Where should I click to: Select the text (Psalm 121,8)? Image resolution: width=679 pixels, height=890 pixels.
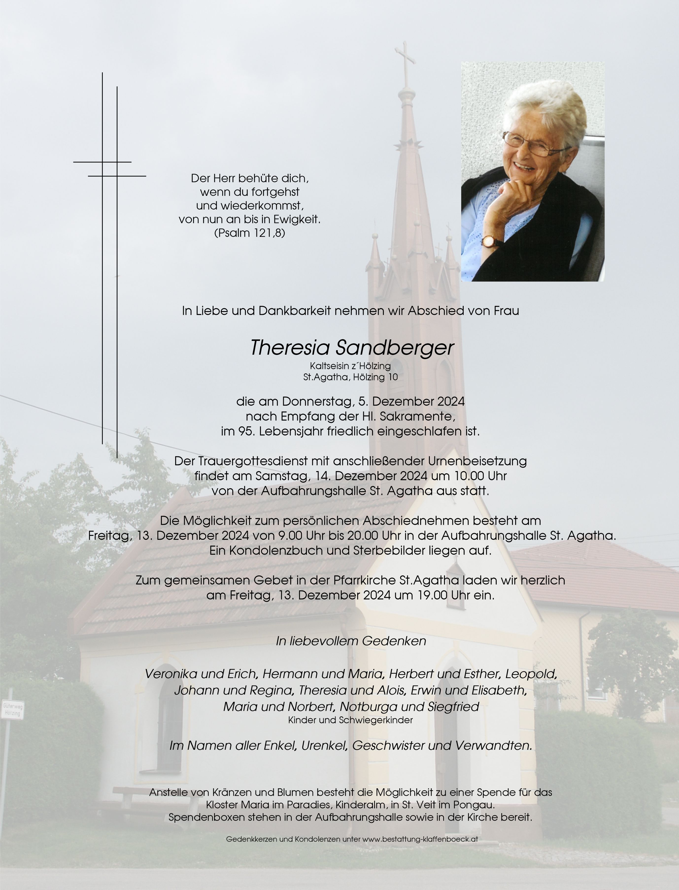point(249,233)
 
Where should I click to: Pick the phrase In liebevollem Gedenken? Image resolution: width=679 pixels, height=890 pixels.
point(350,641)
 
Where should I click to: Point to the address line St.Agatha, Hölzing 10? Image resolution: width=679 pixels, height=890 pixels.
point(350,377)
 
